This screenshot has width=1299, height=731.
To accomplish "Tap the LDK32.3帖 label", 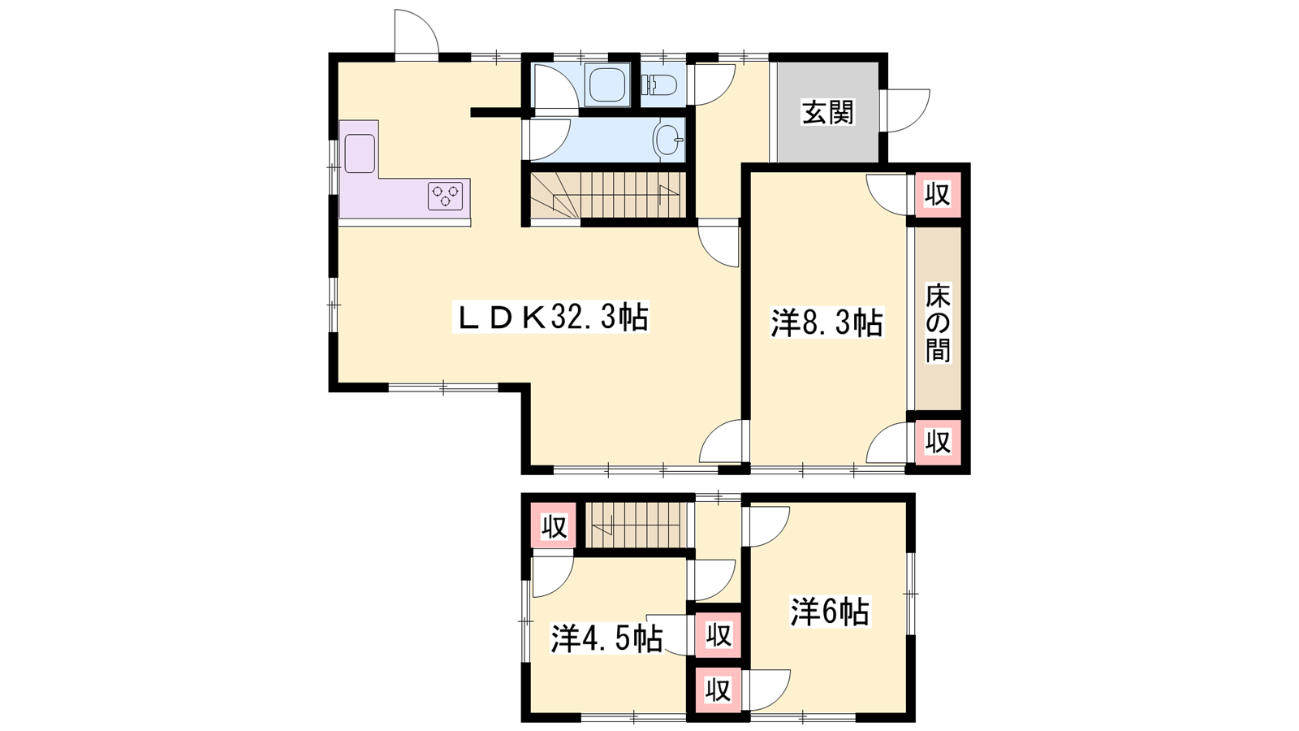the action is point(551,317).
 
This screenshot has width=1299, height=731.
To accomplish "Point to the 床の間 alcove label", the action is point(938,322).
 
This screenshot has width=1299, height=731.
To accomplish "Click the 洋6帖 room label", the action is point(831,612).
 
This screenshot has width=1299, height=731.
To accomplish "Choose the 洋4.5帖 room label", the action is point(606,638).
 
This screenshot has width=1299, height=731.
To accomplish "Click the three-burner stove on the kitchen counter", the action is point(446,196).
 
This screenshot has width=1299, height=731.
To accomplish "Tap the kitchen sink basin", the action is point(360,154).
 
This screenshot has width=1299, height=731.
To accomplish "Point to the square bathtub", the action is point(607,85).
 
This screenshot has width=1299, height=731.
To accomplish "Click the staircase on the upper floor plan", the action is point(636,525).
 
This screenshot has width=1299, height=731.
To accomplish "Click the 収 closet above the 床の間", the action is point(937,194).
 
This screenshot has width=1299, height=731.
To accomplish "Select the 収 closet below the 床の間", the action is point(937,442).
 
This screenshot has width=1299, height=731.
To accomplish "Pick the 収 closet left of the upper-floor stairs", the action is point(554,527).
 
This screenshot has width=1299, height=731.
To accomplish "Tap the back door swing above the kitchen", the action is point(416,32).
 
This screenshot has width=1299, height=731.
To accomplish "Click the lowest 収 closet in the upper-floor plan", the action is point(718,690).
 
